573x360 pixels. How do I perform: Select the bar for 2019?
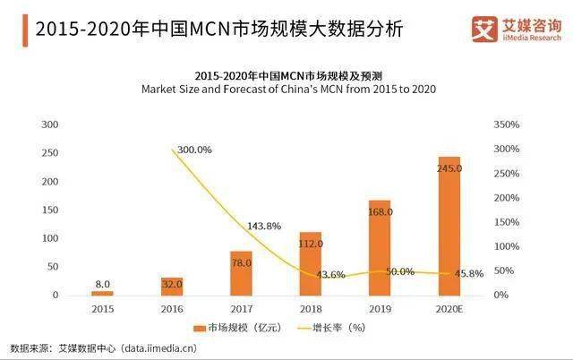[380, 247]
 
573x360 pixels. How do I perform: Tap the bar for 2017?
[241, 273]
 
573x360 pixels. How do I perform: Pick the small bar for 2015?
[103, 293]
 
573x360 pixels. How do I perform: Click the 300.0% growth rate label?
[194, 150]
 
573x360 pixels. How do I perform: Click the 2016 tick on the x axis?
[172, 308]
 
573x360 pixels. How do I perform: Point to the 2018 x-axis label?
[310, 308]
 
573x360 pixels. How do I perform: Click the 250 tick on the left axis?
[50, 153]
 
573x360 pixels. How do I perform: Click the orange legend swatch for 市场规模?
[201, 327]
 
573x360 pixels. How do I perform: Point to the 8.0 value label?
[103, 283]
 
